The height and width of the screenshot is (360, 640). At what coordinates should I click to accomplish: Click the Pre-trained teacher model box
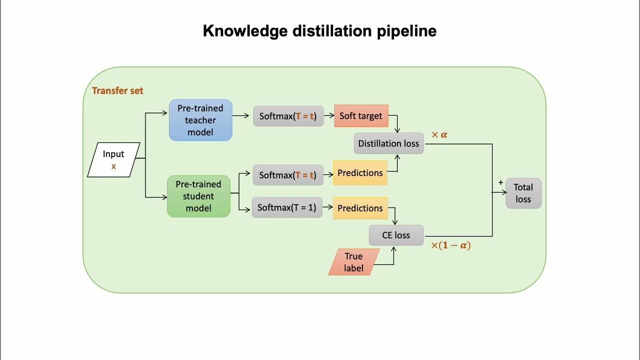click(200, 120)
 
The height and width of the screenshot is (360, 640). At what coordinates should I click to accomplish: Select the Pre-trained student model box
click(198, 196)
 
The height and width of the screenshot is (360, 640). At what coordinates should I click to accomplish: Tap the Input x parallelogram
click(113, 160)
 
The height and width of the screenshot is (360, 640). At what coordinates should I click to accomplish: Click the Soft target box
click(361, 116)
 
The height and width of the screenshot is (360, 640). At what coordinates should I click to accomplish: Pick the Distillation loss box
click(388, 143)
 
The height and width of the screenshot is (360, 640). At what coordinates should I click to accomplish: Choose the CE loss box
click(396, 235)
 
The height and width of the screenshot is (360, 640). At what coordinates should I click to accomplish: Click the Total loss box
click(523, 193)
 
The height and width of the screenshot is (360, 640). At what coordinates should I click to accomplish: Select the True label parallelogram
click(354, 262)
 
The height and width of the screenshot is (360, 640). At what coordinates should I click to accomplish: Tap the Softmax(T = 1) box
click(287, 207)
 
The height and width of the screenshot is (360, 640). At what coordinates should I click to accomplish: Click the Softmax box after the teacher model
click(288, 116)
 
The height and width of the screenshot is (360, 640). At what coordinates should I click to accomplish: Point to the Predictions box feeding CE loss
click(360, 208)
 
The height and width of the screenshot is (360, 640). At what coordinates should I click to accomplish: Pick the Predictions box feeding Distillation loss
click(360, 173)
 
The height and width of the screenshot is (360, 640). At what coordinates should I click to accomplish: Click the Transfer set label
click(117, 90)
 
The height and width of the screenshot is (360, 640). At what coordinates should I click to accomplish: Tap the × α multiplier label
click(439, 135)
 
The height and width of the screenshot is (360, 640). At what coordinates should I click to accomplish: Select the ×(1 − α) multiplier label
click(451, 245)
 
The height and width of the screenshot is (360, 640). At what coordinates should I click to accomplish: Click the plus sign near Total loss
click(500, 183)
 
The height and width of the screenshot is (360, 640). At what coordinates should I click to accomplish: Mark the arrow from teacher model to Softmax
click(241, 116)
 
